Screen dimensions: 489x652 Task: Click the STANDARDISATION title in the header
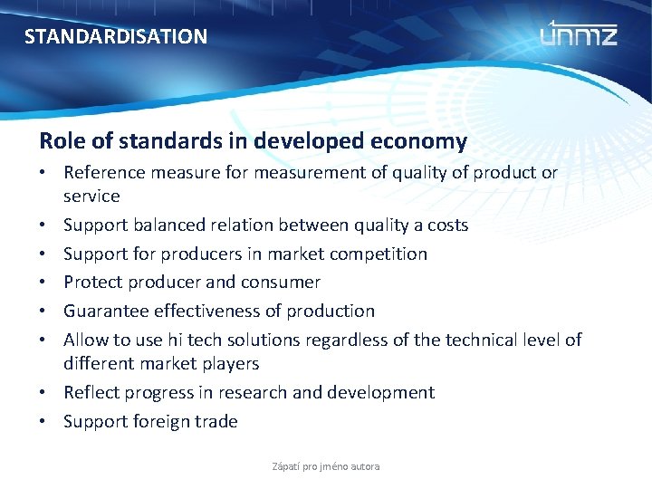[115, 37]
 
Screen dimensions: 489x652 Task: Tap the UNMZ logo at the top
[579, 34]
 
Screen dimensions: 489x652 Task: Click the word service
[91, 196]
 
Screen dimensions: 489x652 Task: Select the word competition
[379, 254]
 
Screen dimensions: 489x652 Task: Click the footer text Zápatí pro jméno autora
[326, 466]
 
